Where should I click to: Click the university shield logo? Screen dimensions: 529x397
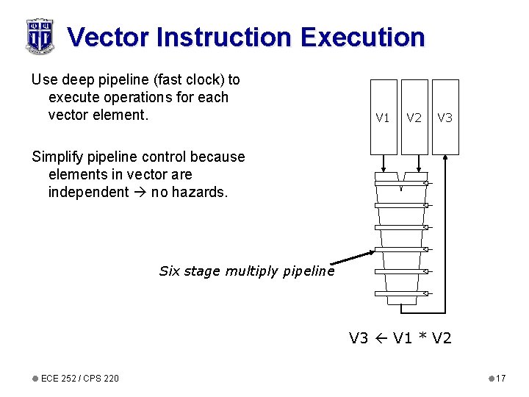(39, 36)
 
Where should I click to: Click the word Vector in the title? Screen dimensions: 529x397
(107, 37)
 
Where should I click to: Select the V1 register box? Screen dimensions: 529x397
(383, 117)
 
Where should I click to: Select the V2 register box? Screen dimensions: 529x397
(414, 117)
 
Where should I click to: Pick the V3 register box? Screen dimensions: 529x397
(445, 117)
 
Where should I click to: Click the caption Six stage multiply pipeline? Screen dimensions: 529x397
(246, 271)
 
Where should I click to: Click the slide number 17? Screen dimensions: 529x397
(500, 378)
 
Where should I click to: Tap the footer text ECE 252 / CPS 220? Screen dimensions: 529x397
(79, 378)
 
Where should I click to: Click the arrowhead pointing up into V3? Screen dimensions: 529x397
(446, 158)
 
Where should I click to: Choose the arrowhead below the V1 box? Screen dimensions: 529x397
(384, 168)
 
